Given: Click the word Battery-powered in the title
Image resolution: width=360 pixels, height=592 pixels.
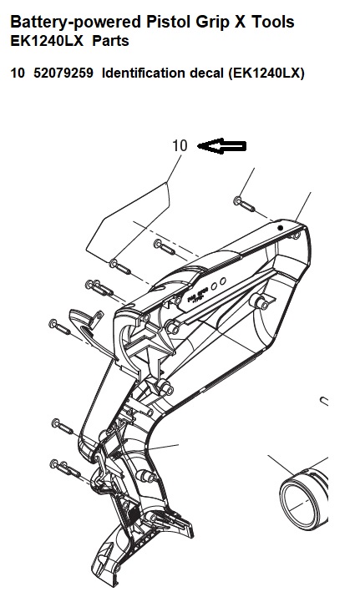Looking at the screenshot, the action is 75,22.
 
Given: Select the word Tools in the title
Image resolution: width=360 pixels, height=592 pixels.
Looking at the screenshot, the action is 273,22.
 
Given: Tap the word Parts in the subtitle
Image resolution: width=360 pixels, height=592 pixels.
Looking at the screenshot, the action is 111,41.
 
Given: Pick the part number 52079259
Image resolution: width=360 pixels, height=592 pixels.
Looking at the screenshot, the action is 63,73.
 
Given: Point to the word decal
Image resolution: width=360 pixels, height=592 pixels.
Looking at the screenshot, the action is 206,73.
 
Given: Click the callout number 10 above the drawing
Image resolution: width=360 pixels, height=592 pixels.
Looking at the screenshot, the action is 180,145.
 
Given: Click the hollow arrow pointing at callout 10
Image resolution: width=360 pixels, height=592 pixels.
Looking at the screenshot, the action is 222,146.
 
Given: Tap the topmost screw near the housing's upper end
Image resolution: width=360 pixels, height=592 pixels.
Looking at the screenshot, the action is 244,204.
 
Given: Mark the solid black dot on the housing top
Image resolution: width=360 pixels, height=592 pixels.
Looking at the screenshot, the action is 280,228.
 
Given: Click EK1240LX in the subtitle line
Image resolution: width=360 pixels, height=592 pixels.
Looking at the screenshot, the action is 47,41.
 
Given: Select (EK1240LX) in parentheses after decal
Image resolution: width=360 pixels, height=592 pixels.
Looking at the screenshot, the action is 266,73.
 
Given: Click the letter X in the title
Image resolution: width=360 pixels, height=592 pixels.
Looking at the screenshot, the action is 240,22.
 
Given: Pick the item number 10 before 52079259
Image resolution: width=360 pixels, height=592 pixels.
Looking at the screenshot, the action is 18,73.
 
